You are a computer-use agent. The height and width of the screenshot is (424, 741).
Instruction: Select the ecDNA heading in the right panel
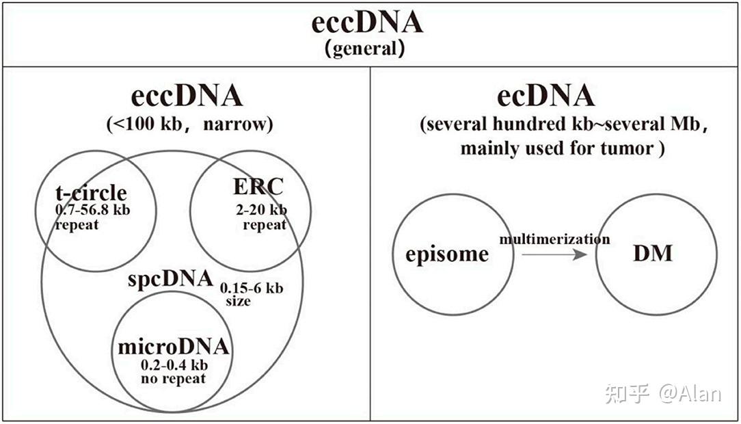point(545,96)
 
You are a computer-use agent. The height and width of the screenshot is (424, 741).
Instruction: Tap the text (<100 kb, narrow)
point(189,124)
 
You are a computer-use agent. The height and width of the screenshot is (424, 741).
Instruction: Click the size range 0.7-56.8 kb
point(92,210)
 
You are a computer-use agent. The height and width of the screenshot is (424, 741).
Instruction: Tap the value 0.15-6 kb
point(251,288)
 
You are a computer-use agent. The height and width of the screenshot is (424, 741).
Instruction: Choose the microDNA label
point(173,347)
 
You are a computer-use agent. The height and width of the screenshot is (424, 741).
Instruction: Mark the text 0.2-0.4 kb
point(173,365)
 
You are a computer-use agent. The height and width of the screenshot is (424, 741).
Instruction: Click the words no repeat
point(173,378)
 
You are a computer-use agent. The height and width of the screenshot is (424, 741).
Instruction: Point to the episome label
point(447,254)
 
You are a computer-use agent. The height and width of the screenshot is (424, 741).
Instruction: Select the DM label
point(653,254)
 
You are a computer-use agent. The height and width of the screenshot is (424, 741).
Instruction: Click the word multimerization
point(554,239)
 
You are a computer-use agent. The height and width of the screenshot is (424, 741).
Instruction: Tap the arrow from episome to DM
point(554,255)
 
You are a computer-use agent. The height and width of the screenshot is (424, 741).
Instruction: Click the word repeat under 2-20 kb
point(265,225)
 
